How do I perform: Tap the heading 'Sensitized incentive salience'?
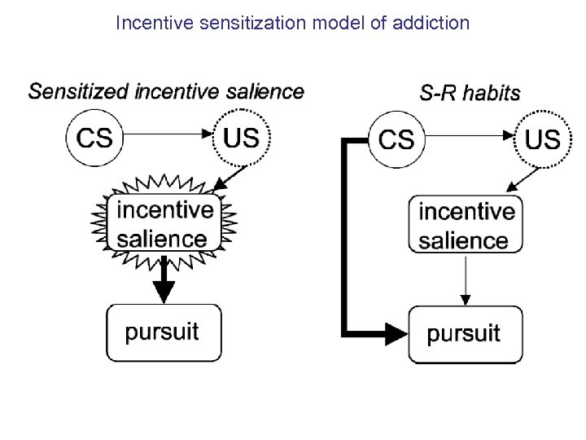[x=166, y=90]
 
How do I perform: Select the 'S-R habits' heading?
[x=470, y=92]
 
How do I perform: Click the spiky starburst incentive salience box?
[x=165, y=223]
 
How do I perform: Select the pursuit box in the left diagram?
[x=164, y=332]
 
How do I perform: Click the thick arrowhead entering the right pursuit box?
[x=396, y=332]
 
